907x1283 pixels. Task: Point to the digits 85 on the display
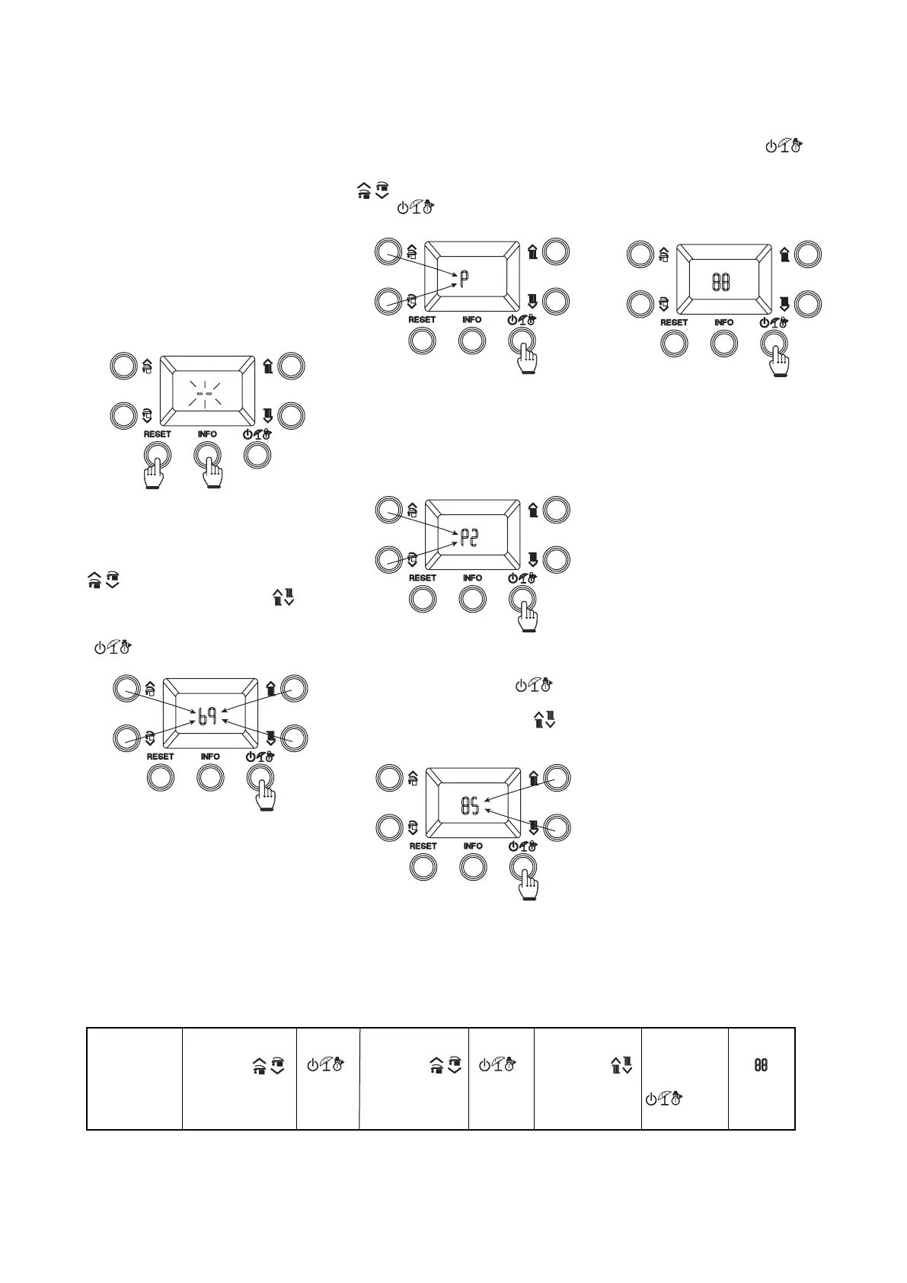coord(470,807)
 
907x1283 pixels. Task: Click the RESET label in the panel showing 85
coord(423,846)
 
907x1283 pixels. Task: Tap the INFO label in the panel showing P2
coord(472,578)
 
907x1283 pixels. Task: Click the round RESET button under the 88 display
coord(674,343)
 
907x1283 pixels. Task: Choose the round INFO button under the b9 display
coord(210,777)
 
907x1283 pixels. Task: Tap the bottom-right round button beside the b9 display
coord(294,737)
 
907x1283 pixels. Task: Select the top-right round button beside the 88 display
coord(809,254)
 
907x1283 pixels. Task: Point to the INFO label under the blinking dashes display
coord(207,434)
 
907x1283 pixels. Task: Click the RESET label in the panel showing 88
coord(674,322)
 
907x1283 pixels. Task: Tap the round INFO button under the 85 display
coord(473,866)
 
